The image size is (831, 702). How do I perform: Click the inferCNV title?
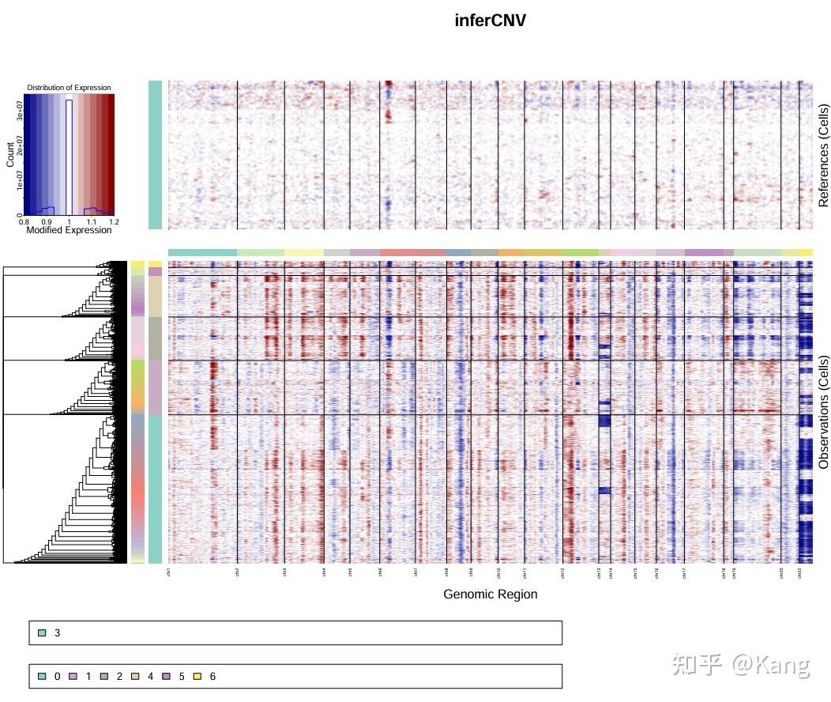[490, 21]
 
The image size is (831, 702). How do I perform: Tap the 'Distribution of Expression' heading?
[69, 87]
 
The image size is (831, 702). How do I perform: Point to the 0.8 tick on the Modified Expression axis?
[24, 223]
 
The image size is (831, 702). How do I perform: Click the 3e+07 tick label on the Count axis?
[19, 116]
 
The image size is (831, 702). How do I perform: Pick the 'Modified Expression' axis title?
[69, 231]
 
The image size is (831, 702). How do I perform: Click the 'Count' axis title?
[10, 155]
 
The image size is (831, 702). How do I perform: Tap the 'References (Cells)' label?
[824, 155]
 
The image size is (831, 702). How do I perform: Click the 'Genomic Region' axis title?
[490, 594]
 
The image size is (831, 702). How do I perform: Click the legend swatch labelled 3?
[43, 633]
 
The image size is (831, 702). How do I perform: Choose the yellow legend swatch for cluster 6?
[198, 677]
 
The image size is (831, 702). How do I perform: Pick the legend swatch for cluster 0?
[43, 677]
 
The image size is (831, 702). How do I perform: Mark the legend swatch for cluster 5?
[167, 677]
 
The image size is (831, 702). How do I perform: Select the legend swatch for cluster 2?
[104, 677]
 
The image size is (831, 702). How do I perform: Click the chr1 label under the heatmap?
[169, 572]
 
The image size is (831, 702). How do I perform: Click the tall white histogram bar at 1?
[69, 158]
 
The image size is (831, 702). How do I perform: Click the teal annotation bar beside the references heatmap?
[155, 155]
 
